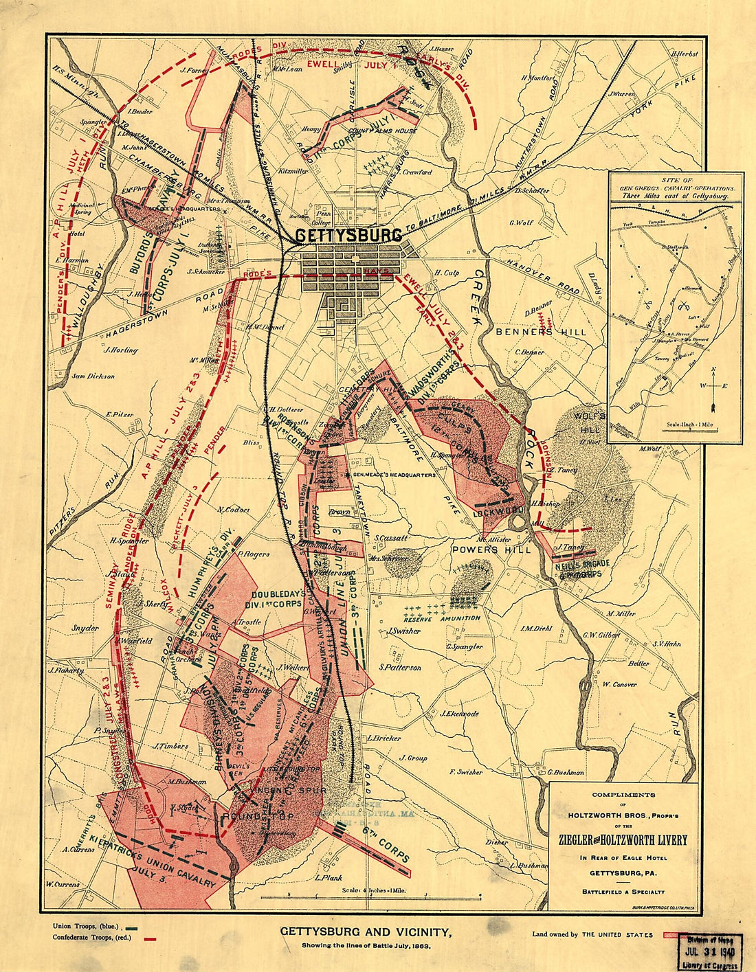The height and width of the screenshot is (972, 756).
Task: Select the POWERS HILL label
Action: tap(491, 551)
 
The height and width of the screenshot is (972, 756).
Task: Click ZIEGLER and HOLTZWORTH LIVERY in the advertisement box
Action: tap(623, 840)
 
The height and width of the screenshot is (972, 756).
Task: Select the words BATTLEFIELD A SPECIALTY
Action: tap(623, 892)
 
